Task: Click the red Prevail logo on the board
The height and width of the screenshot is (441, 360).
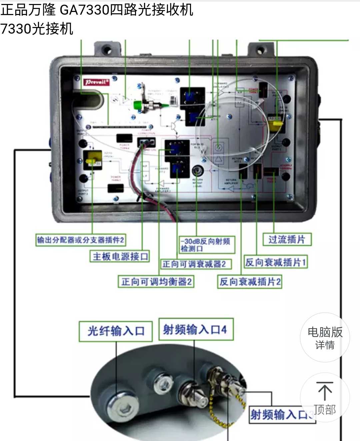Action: (96, 82)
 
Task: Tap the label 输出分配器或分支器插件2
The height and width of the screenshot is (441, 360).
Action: (81, 240)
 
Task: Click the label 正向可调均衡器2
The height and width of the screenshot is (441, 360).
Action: (156, 282)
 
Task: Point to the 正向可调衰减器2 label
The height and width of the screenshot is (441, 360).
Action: (196, 264)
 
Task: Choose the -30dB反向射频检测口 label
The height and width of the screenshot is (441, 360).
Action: (206, 245)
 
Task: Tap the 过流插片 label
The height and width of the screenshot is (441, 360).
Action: (287, 239)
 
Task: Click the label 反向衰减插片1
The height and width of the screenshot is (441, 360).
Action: (276, 262)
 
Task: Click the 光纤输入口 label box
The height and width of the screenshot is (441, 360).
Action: (116, 331)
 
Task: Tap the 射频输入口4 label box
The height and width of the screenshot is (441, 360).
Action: (195, 330)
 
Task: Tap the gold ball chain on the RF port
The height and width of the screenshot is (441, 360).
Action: (217, 416)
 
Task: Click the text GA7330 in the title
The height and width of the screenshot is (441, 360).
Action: (85, 10)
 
